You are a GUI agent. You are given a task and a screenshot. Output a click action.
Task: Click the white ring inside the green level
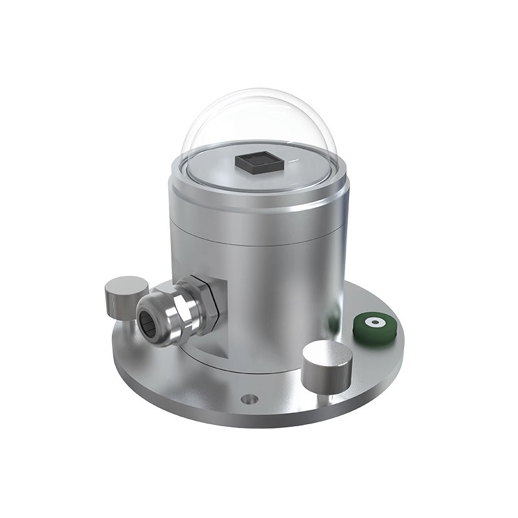point(373,323)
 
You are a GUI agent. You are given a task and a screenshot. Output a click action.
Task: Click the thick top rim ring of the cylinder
point(259,194)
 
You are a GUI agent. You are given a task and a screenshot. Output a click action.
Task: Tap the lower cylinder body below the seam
point(272,291)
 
